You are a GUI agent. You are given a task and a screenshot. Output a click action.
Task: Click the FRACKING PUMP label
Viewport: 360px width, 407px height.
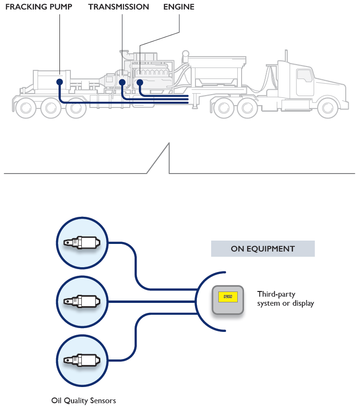(x=39, y=7)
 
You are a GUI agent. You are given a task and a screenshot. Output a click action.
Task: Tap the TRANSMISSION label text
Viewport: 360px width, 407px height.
(x=118, y=7)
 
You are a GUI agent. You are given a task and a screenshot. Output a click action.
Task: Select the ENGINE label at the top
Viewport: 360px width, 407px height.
(x=178, y=7)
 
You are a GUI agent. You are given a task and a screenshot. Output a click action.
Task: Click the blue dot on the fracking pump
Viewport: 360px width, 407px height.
(x=59, y=82)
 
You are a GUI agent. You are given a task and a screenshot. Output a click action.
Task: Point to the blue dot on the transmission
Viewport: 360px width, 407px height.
(x=122, y=82)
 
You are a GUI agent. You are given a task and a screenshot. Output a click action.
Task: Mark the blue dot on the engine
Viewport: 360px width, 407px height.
(x=140, y=82)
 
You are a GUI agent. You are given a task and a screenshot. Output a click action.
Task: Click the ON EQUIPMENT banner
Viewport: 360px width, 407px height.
(x=263, y=249)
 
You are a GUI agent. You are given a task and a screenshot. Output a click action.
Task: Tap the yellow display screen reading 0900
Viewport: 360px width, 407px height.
(x=228, y=297)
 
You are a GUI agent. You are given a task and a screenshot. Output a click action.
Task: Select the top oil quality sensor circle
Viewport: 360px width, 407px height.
(x=82, y=242)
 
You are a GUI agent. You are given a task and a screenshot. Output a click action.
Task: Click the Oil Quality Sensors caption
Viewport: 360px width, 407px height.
(x=83, y=400)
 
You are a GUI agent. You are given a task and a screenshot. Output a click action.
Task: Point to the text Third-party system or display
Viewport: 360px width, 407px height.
(x=285, y=299)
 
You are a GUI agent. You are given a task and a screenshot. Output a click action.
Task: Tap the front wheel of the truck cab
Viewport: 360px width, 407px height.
(x=328, y=108)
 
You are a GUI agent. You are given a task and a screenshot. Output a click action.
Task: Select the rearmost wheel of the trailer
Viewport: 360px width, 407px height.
(x=25, y=108)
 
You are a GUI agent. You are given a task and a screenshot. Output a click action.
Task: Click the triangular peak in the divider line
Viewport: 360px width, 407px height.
(x=168, y=145)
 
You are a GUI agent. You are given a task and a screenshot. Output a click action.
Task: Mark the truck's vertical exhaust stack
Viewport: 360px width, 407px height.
(x=286, y=64)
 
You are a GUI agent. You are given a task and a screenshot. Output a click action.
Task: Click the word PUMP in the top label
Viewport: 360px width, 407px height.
(x=60, y=7)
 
